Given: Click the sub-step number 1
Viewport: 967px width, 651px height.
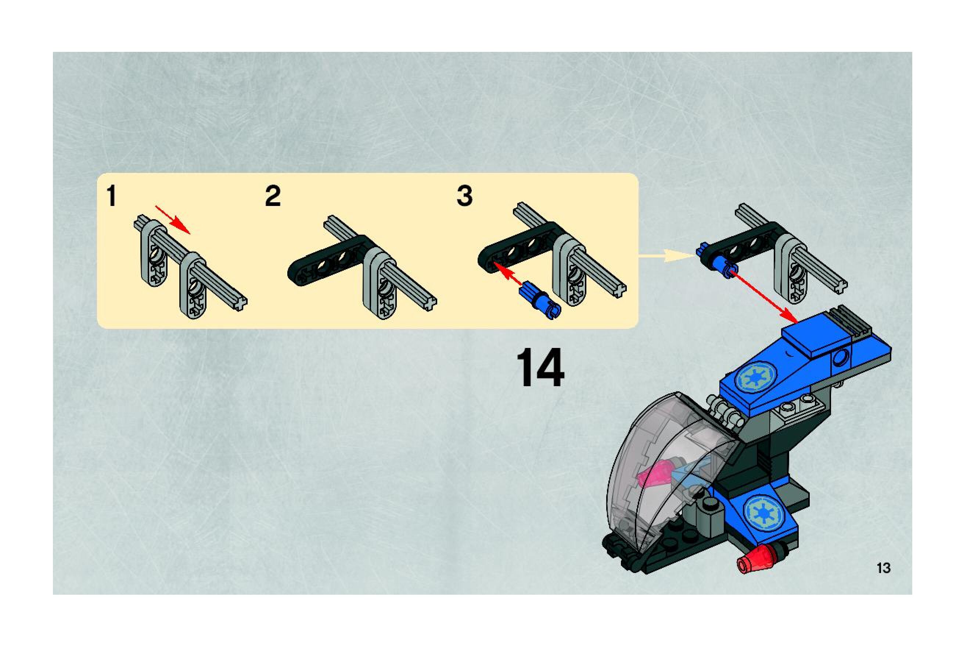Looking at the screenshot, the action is (111, 196).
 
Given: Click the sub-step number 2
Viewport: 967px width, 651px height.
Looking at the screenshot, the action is (273, 196).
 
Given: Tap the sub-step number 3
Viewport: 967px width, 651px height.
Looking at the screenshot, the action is (464, 196).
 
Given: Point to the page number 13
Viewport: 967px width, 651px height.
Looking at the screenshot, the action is (883, 568).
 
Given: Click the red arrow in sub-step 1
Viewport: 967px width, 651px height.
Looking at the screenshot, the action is (173, 220).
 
